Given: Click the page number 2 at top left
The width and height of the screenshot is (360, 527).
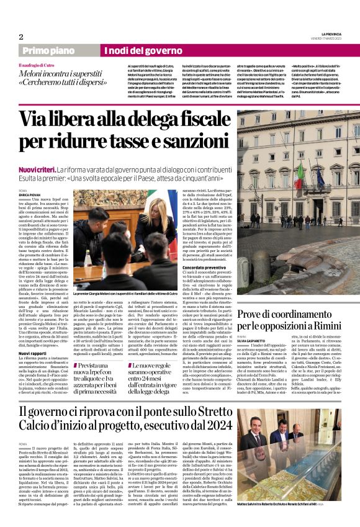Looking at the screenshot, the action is [x=21, y=37].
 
